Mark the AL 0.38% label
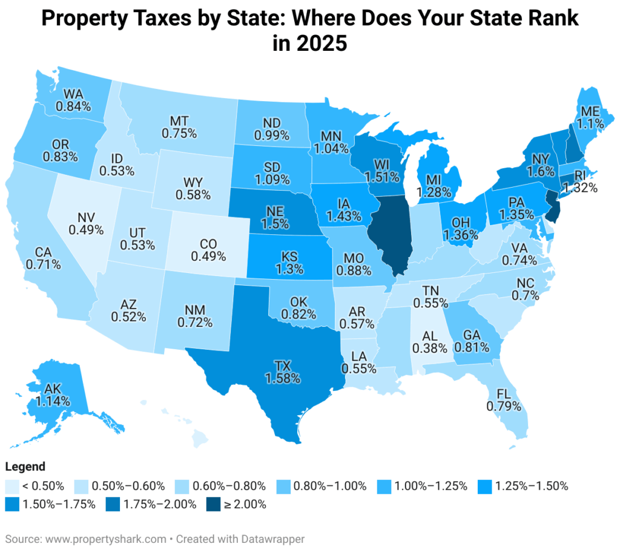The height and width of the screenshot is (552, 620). pos(429,341)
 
